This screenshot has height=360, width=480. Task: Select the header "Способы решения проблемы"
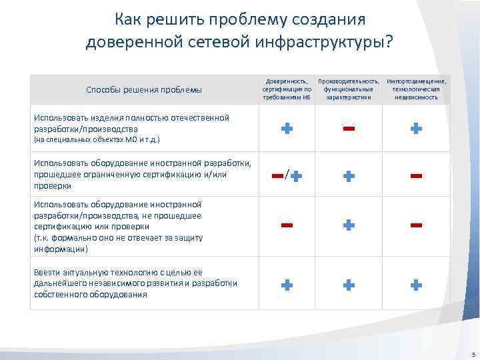click(144, 90)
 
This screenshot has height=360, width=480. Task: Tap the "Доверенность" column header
click(286, 89)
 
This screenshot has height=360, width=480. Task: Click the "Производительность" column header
click(349, 89)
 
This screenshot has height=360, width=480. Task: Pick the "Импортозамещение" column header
click(416, 89)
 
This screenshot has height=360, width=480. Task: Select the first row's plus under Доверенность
click(286, 129)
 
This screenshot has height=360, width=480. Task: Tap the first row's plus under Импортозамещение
click(416, 129)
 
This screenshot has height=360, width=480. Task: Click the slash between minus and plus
click(287, 175)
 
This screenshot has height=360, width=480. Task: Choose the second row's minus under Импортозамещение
click(416, 175)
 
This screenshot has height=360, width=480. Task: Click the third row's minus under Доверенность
click(286, 225)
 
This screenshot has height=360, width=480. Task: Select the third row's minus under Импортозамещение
click(416, 225)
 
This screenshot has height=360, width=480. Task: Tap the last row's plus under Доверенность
click(286, 285)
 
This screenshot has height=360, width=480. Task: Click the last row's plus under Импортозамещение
click(416, 285)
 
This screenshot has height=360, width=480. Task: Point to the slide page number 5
click(472, 353)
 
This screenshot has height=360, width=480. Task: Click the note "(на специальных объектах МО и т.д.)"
click(96, 141)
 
